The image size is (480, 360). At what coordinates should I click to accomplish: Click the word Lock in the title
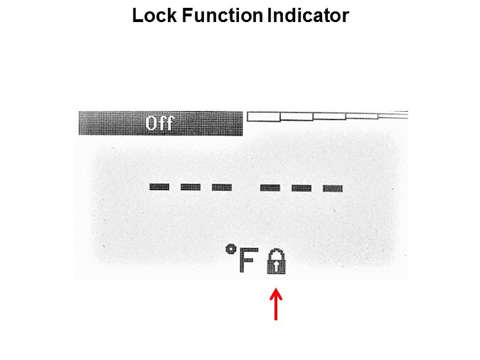(154, 16)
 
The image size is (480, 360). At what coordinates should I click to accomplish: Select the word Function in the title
(223, 16)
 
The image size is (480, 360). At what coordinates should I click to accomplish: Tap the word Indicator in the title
(308, 16)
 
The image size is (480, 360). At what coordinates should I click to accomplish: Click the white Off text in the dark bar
(159, 123)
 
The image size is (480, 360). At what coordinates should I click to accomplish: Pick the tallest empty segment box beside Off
(264, 117)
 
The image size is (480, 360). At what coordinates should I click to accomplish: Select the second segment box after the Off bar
(297, 117)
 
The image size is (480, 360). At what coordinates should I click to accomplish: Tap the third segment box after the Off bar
(329, 116)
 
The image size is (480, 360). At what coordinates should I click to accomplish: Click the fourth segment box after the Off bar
(362, 116)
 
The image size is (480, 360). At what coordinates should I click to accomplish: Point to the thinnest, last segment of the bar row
(393, 115)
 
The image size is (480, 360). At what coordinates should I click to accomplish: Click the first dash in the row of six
(159, 187)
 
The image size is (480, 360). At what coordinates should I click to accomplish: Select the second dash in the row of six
(191, 187)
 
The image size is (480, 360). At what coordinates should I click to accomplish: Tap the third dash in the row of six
(222, 187)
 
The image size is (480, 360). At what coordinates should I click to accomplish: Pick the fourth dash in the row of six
(270, 188)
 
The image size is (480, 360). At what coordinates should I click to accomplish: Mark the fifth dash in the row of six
(302, 188)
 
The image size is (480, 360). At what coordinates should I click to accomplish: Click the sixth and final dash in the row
(333, 189)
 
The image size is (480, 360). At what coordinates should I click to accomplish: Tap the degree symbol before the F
(231, 250)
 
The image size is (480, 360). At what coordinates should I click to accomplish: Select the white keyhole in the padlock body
(276, 266)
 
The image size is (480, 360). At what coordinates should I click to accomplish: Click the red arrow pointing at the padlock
(276, 304)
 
